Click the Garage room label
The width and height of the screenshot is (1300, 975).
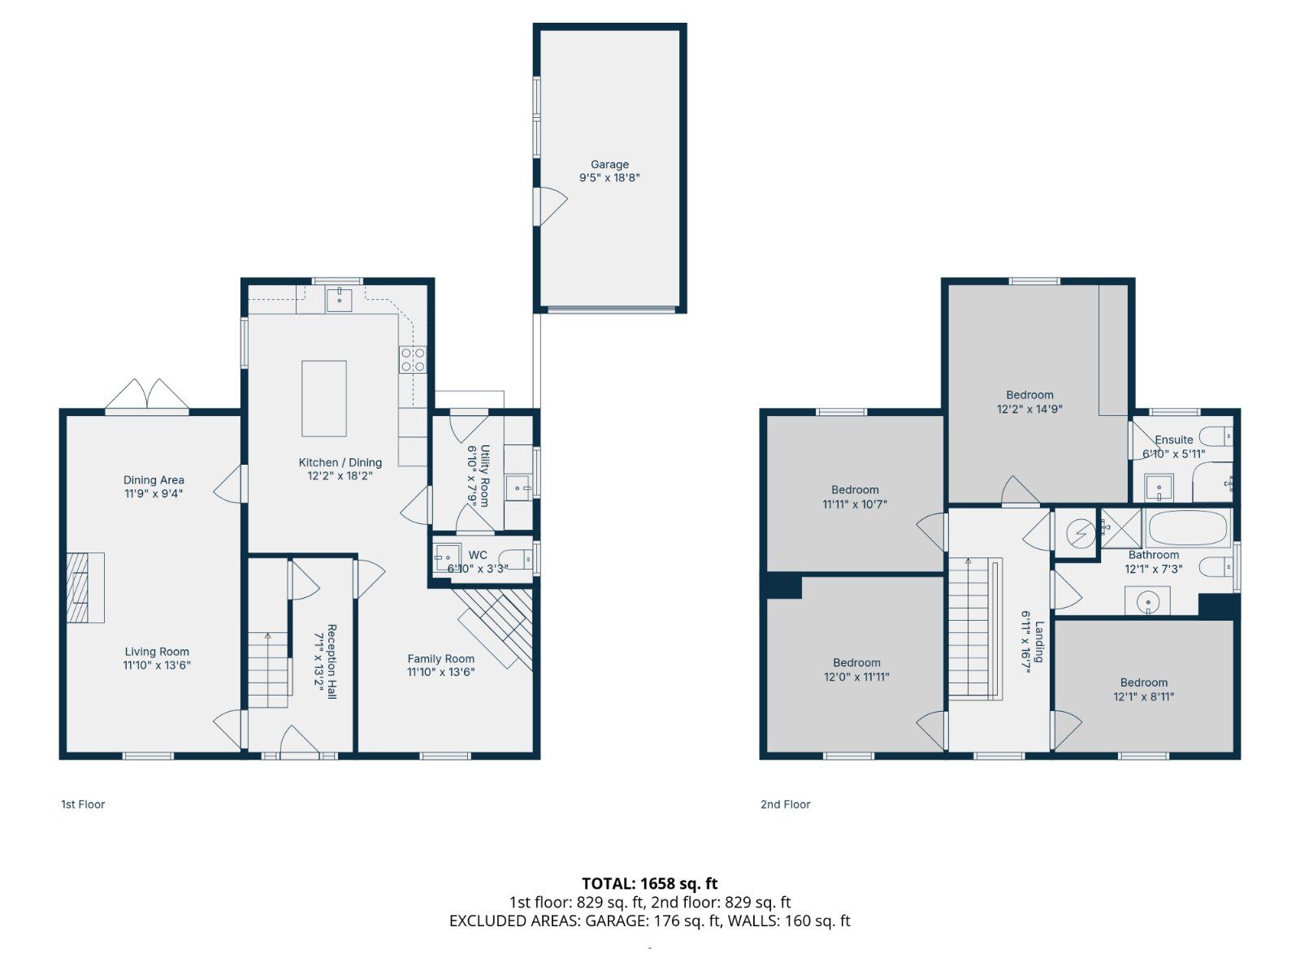tap(609, 164)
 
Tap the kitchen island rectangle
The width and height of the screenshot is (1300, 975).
tap(323, 399)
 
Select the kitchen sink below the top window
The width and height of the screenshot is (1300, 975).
tap(339, 300)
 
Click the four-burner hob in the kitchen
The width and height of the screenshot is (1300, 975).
tap(413, 359)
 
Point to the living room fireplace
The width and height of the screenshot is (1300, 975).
tap(84, 587)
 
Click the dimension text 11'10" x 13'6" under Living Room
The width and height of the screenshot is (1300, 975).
tap(157, 665)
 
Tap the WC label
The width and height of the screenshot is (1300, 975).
tap(478, 555)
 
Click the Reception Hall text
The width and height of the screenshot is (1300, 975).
tap(331, 661)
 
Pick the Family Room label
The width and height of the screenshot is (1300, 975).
tap(441, 659)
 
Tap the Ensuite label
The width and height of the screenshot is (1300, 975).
tap(1173, 440)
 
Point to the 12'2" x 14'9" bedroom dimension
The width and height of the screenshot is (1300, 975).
tap(1029, 409)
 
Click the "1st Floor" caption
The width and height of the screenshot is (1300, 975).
tap(83, 804)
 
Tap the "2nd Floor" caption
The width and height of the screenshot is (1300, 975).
tap(785, 804)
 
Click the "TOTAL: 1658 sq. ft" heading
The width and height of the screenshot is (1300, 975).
tap(649, 883)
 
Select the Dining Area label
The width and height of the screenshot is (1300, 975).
tap(154, 479)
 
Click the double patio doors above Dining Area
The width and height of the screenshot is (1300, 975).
tap(147, 395)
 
